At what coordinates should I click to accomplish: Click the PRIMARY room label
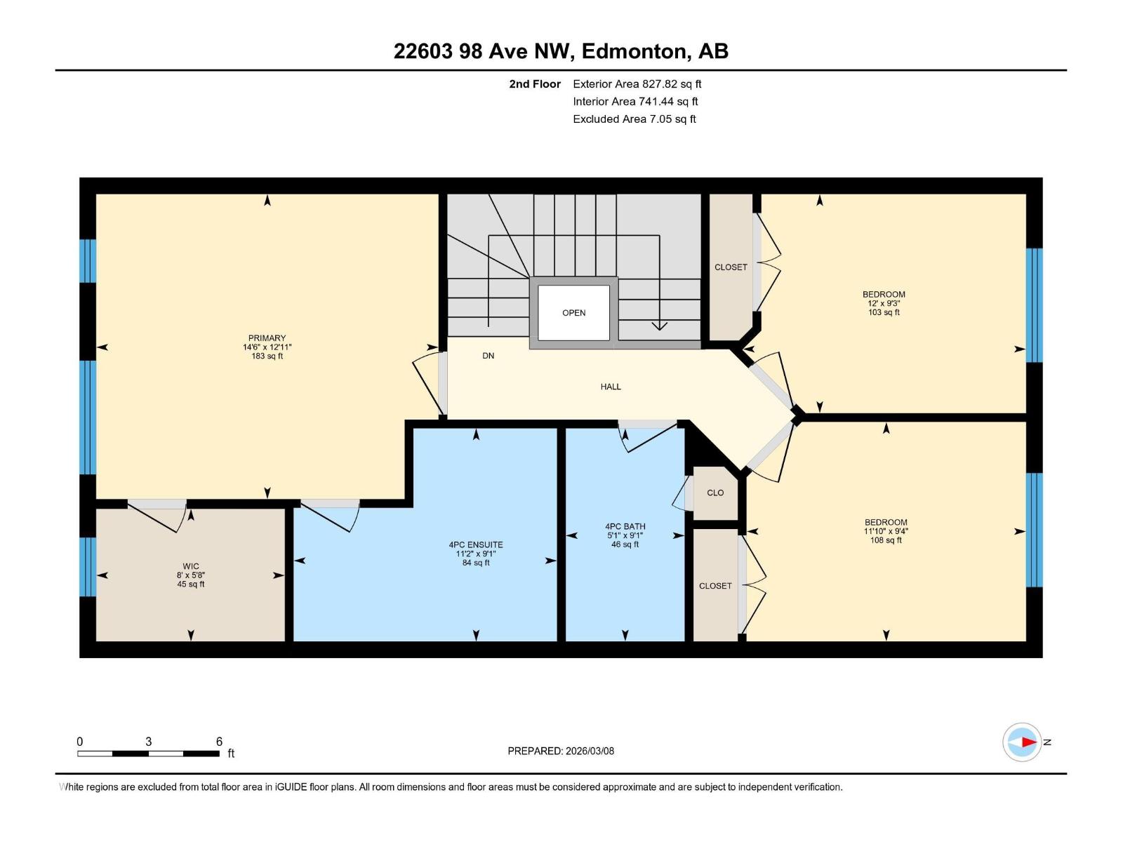(x=267, y=338)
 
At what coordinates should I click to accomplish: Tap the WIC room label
(x=191, y=566)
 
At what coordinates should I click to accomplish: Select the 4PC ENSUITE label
(x=476, y=544)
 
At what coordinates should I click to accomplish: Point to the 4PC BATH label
(x=625, y=526)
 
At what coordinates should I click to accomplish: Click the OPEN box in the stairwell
(x=573, y=313)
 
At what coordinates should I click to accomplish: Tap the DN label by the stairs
(x=489, y=356)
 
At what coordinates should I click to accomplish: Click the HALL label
(x=611, y=387)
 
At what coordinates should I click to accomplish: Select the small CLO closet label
(x=715, y=493)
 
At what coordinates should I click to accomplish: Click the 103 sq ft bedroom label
(x=884, y=303)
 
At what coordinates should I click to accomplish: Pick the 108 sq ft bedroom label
(x=886, y=531)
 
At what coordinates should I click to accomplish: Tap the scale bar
(x=148, y=754)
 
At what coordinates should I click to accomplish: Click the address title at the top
(x=561, y=51)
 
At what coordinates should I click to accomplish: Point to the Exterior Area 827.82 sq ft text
(x=637, y=84)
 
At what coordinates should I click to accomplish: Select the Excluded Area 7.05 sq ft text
(x=634, y=119)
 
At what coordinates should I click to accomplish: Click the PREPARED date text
(x=561, y=751)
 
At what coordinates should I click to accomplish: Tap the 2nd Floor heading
(x=535, y=84)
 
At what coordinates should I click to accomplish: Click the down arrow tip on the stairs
(x=659, y=328)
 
